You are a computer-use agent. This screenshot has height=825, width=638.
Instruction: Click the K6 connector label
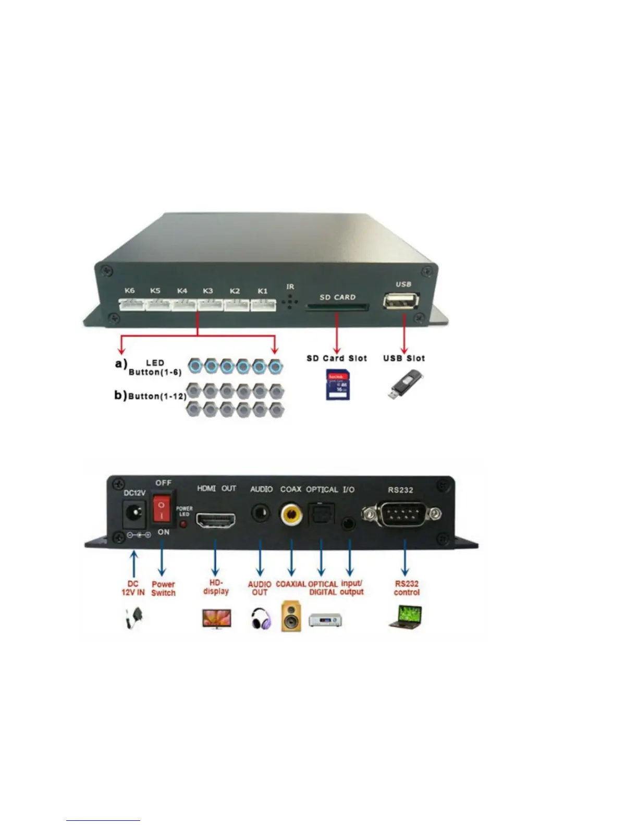[129, 291]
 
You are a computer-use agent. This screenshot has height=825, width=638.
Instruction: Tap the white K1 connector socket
[263, 305]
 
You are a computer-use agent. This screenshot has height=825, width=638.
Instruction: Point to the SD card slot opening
[337, 307]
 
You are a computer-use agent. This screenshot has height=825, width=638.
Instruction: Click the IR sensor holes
[290, 302]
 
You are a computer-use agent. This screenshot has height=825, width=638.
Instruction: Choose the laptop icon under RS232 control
[406, 617]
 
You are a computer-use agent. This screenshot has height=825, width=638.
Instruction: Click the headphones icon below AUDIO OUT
[261, 619]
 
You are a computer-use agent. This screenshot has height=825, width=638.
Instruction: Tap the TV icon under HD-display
[216, 619]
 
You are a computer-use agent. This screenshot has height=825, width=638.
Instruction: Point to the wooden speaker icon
[291, 616]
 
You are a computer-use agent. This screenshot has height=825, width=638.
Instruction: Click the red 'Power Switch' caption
[163, 589]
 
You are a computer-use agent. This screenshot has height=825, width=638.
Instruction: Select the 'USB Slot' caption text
[404, 358]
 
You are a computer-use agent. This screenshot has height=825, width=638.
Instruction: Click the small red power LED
[183, 523]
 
